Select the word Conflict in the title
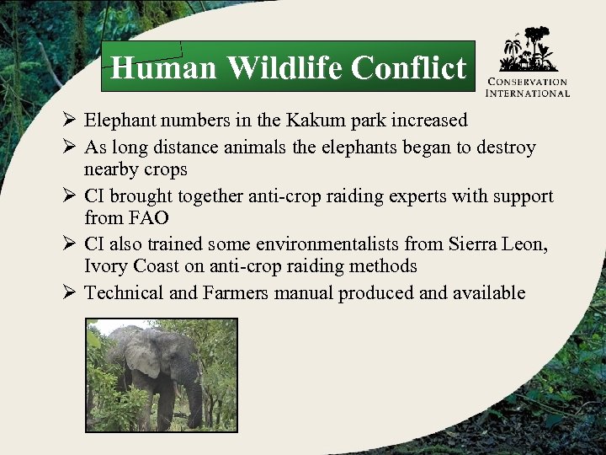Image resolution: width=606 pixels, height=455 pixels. [408, 67]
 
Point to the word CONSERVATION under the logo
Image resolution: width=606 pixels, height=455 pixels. [529, 83]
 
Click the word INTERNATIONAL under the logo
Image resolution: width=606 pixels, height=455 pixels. [529, 93]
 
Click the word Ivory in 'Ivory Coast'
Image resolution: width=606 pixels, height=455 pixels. [105, 266]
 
